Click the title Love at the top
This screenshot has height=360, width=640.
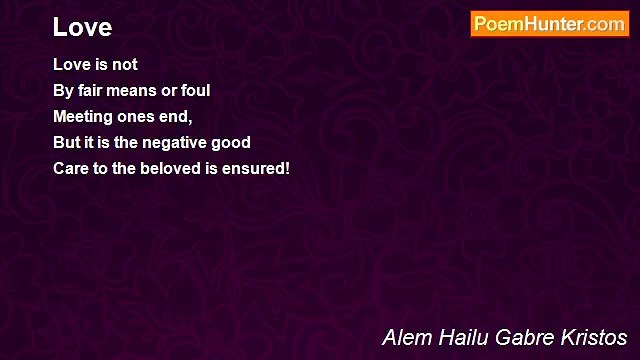(x=82, y=26)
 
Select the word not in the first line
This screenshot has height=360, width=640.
(x=124, y=65)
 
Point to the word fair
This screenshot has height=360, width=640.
(x=89, y=91)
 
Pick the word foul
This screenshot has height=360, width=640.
(x=194, y=91)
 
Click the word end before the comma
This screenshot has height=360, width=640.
(x=174, y=117)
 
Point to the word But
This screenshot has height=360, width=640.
(x=67, y=143)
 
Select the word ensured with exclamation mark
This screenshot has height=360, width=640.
(x=256, y=169)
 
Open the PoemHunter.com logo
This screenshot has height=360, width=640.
(x=549, y=25)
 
